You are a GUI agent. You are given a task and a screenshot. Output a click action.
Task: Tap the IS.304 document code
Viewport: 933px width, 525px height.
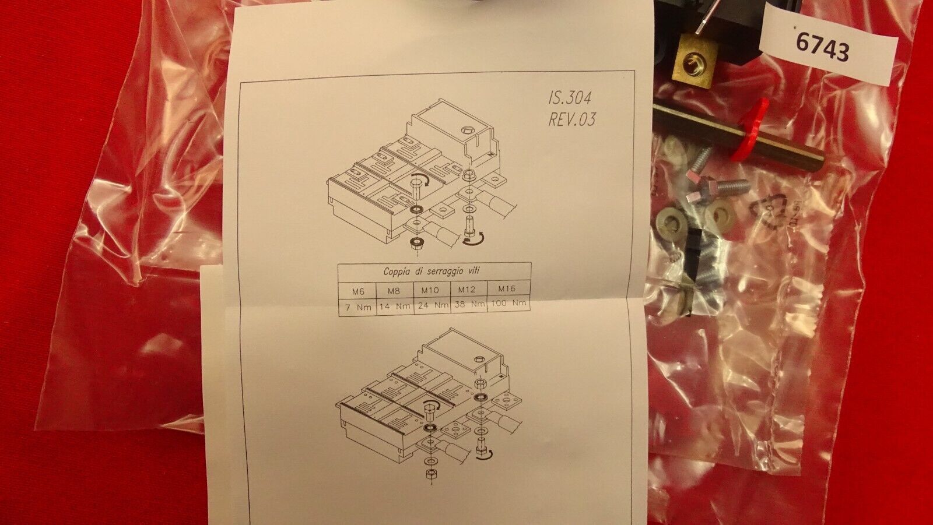(569, 98)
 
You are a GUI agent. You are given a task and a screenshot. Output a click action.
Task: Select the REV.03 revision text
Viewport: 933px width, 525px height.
(571, 119)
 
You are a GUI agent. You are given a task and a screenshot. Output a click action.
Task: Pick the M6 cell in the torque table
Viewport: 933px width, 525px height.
(357, 291)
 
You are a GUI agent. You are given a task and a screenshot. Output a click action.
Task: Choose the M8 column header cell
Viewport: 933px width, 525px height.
(394, 291)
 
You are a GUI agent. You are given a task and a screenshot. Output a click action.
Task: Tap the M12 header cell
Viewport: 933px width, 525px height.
(466, 289)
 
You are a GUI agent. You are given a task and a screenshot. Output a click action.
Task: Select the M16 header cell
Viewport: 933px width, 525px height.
(507, 288)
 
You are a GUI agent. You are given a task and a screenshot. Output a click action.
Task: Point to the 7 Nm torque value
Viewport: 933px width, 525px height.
(358, 308)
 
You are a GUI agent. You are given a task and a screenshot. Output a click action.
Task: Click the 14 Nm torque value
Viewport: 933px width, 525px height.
(395, 307)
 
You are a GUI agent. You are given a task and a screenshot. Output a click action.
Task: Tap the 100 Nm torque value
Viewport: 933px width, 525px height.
(508, 303)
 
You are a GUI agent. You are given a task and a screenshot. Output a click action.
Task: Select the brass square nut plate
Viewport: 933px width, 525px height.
(695, 61)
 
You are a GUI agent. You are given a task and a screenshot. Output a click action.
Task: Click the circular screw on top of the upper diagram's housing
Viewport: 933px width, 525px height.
(466, 131)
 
